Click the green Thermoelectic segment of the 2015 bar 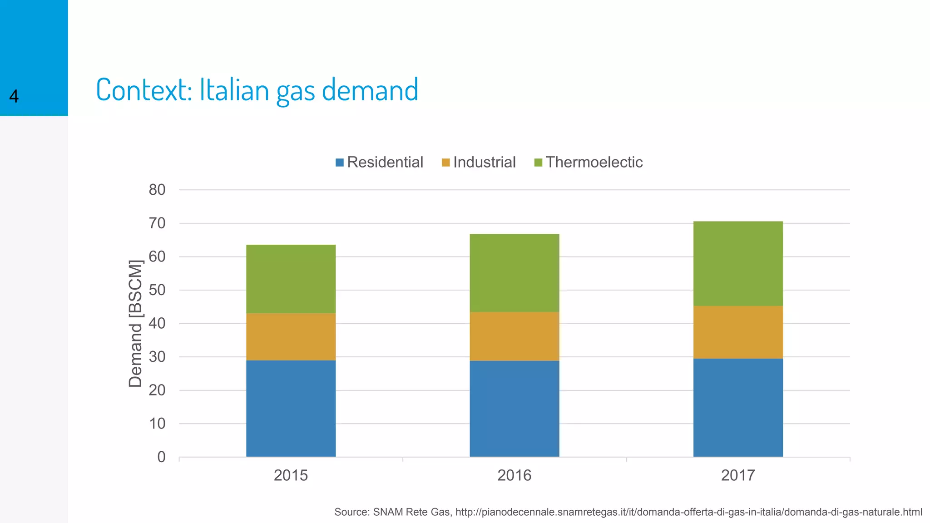tap(291, 279)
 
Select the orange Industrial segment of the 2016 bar tap(514, 336)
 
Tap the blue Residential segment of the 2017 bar tap(738, 407)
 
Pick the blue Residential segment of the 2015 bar tap(291, 408)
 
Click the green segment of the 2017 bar tap(738, 263)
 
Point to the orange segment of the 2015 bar tap(291, 336)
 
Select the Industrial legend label tap(484, 162)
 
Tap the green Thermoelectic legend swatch tap(538, 163)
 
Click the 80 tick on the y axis tap(157, 190)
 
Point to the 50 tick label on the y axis tap(157, 290)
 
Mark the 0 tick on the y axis tap(161, 457)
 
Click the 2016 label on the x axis tap(514, 475)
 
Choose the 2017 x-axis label tap(738, 475)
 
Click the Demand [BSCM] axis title tap(135, 323)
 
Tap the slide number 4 tap(14, 96)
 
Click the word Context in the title tap(143, 89)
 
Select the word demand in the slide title tap(370, 89)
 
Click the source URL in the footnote tap(688, 512)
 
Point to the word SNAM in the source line tap(387, 512)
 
